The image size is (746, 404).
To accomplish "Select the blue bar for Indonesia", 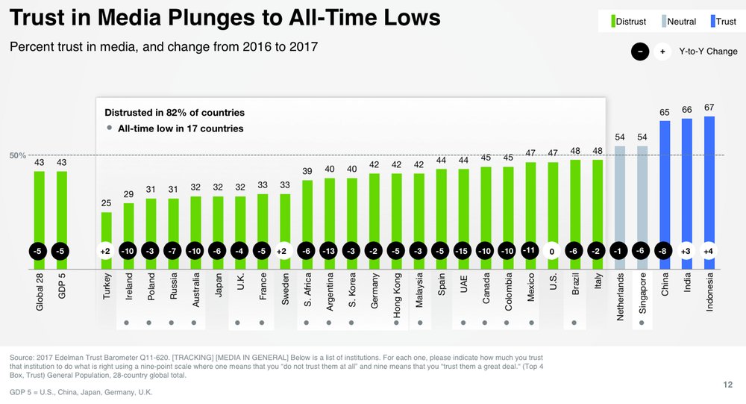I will pos(709,179).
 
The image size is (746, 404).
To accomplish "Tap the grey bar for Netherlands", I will pos(620,194).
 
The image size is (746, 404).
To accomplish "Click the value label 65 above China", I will pos(664,112).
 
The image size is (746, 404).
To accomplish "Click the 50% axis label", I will pos(18,155).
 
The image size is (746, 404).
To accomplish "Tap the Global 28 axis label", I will pos(40,292).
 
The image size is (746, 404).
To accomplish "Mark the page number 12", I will pos(727,384).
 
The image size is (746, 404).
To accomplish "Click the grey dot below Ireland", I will pos(128,323).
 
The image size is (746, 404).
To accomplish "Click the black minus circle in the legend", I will pos(640,52).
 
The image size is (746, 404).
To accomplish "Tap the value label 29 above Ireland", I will pos(128,194).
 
